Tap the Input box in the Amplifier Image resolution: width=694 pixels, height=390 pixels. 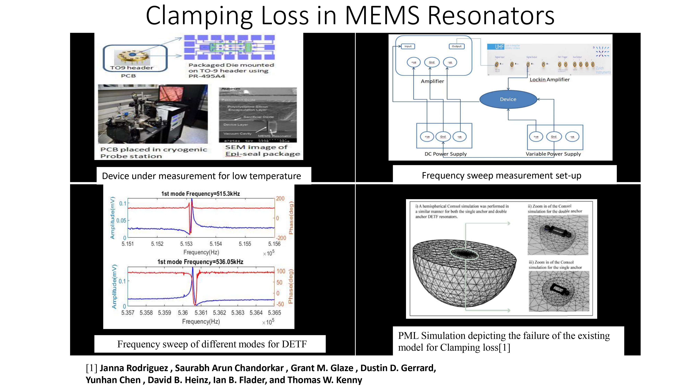pyautogui.click(x=408, y=46)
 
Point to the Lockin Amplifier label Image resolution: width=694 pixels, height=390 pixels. pyautogui.click(x=550, y=80)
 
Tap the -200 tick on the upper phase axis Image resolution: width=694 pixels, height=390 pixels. pyautogui.click(x=281, y=238)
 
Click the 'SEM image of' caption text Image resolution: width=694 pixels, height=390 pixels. pyautogui.click(x=256, y=147)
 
